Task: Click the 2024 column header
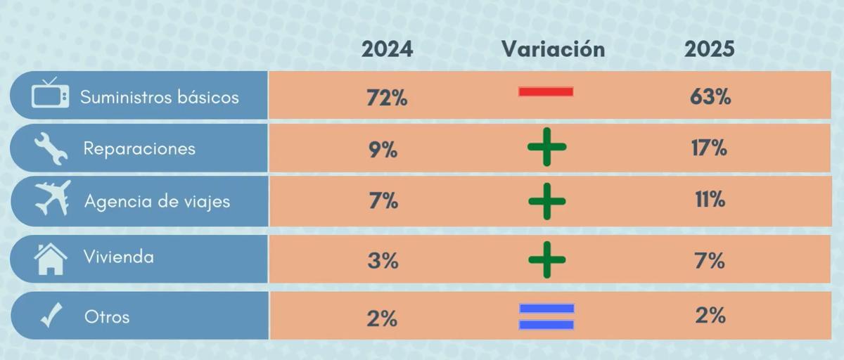point(387,49)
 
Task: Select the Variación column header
point(553,49)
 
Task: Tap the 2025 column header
point(710,49)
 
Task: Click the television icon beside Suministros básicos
point(50,94)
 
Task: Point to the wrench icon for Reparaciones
point(51,149)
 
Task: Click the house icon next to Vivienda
point(51,258)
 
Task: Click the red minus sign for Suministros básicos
point(546,91)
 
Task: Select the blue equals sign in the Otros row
point(546,316)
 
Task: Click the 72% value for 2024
point(387,98)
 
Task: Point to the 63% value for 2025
point(710,97)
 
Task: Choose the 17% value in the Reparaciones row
point(709,148)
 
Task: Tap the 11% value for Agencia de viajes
point(709,200)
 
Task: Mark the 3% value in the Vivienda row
point(383,261)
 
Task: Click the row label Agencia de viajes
point(157,202)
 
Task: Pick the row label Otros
point(107,316)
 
